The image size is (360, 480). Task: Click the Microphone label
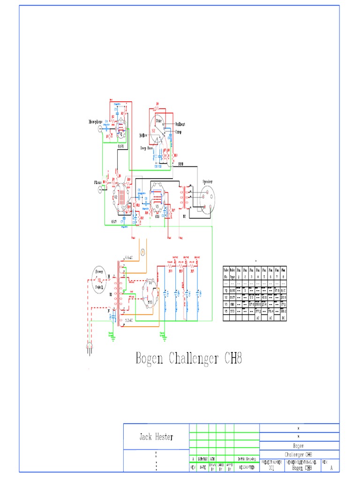pos(96,121)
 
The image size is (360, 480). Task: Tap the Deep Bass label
pos(147,148)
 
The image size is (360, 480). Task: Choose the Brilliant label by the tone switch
pos(180,124)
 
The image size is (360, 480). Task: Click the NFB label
pos(181,164)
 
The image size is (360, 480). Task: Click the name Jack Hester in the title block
pos(156,437)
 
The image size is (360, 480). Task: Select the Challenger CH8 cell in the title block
pos(299,455)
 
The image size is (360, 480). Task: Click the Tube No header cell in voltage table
pos(225,273)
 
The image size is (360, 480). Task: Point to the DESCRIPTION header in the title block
pos(247,467)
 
